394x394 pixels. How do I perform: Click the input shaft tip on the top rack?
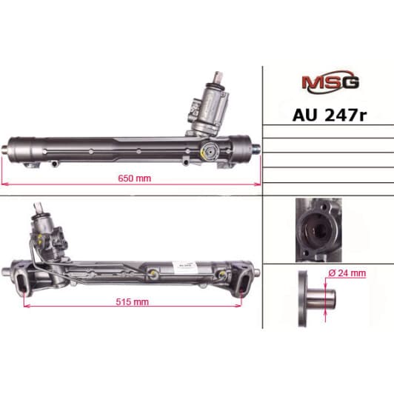click(x=220, y=76)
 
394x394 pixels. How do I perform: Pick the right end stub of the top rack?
click(x=256, y=145)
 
